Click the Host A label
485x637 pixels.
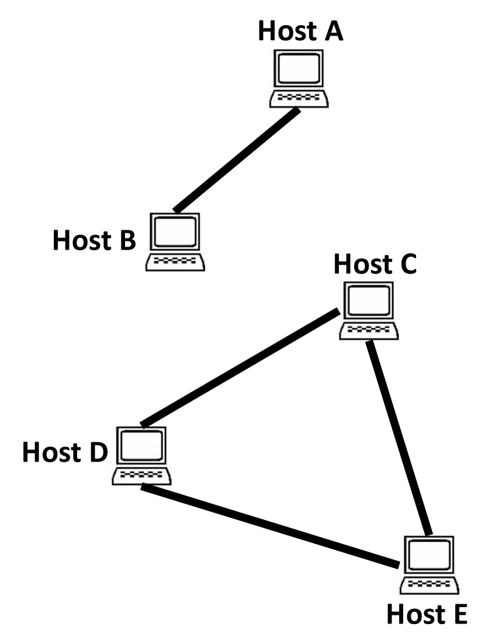pyautogui.click(x=300, y=32)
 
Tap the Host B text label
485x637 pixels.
pyautogui.click(x=94, y=240)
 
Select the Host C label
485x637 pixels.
pyautogui.click(x=375, y=264)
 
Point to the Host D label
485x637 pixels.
pyautogui.click(x=65, y=452)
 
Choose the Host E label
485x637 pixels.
pyautogui.click(x=427, y=614)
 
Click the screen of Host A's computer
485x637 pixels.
pyautogui.click(x=299, y=68)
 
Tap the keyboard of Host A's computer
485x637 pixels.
pyautogui.click(x=299, y=98)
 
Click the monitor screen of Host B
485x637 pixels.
pyautogui.click(x=175, y=231)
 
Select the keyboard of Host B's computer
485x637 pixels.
pyautogui.click(x=175, y=262)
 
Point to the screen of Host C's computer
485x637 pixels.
pyautogui.click(x=369, y=300)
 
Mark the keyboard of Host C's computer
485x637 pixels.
pyautogui.click(x=369, y=331)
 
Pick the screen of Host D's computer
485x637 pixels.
pyautogui.click(x=141, y=445)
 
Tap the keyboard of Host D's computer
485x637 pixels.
pyautogui.click(x=141, y=476)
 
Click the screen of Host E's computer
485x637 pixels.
pyautogui.click(x=429, y=555)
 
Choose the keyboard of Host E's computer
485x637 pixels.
pyautogui.click(x=429, y=585)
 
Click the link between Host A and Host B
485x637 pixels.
pyautogui.click(x=237, y=160)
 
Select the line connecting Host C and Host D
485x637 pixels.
pyautogui.click(x=240, y=368)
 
